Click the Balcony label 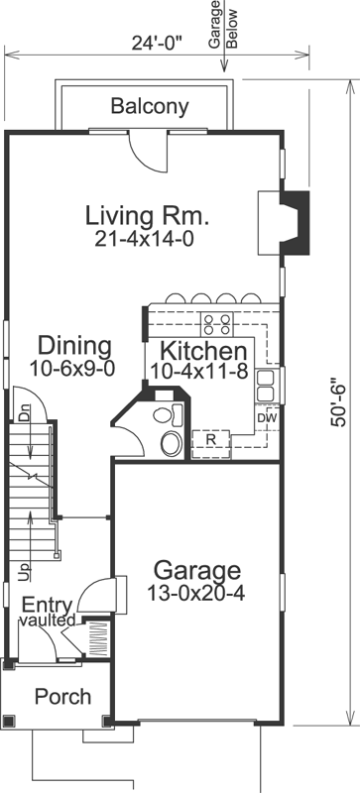click(x=150, y=106)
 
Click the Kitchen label click(x=203, y=351)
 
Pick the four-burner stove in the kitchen click(x=216, y=322)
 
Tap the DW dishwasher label click(x=265, y=417)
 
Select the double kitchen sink click(x=266, y=386)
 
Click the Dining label click(x=74, y=346)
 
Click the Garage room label click(x=196, y=570)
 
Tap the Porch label click(x=62, y=697)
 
